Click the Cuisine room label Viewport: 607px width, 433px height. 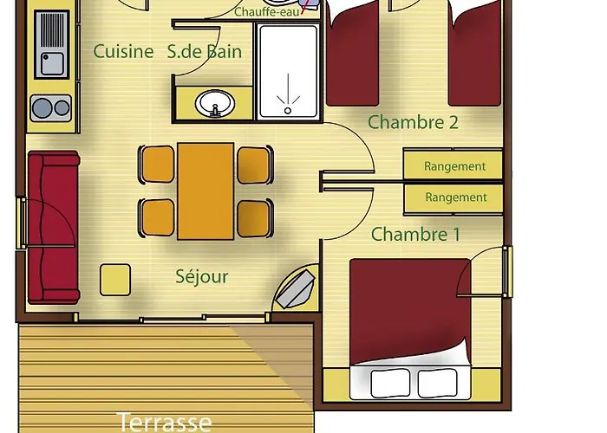tap(123, 51)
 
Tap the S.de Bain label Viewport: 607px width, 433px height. tap(205, 51)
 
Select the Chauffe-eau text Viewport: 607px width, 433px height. tap(267, 12)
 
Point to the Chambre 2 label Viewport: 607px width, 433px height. tap(413, 122)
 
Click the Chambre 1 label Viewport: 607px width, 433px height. tap(415, 235)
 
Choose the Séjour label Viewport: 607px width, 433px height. tap(202, 276)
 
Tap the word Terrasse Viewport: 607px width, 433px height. tap(164, 422)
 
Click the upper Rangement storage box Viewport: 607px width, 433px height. tap(453, 165)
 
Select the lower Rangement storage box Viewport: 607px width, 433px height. tap(453, 198)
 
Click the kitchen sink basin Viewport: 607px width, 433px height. tap(52, 64)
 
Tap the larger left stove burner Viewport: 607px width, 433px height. tap(42, 107)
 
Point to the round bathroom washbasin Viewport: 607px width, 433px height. tap(215, 103)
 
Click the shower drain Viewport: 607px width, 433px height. tap(288, 111)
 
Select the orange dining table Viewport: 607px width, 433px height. tap(206, 191)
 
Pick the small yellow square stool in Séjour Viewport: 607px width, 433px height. tap(115, 280)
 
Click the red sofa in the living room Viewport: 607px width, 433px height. tap(54, 227)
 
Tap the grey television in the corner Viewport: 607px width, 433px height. tap(296, 289)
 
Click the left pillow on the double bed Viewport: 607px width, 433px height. tap(390, 383)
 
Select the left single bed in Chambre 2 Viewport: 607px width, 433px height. tap(352, 54)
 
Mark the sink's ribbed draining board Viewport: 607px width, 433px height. tap(52, 30)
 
